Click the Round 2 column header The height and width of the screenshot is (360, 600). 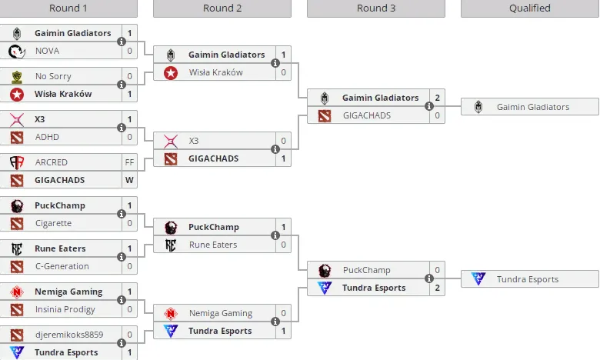tap(222, 8)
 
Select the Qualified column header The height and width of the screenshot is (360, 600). tap(529, 8)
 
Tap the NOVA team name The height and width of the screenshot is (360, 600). tap(47, 51)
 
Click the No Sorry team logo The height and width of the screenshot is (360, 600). tap(17, 76)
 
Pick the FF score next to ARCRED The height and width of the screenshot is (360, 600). tap(129, 162)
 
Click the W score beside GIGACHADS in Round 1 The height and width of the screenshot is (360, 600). tap(129, 180)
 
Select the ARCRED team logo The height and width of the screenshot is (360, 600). tap(17, 162)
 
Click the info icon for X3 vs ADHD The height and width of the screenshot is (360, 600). tap(122, 128)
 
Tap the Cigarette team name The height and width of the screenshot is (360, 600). tap(53, 223)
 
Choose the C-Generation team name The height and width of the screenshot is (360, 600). tap(62, 266)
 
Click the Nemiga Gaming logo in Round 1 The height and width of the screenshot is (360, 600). tap(17, 292)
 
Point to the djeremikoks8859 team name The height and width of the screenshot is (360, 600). tap(69, 335)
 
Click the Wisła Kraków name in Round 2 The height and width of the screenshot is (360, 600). tap(216, 72)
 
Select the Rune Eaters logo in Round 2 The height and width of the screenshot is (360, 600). tap(171, 245)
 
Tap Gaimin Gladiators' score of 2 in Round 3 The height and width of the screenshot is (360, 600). tap(437, 98)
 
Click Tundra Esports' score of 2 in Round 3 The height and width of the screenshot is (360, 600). tap(437, 288)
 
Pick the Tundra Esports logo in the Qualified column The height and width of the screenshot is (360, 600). tap(478, 278)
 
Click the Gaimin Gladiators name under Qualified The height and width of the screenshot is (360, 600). tap(533, 107)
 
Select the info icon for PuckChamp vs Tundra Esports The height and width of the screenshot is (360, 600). tap(429, 278)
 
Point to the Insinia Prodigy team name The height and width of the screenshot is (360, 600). tap(65, 309)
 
